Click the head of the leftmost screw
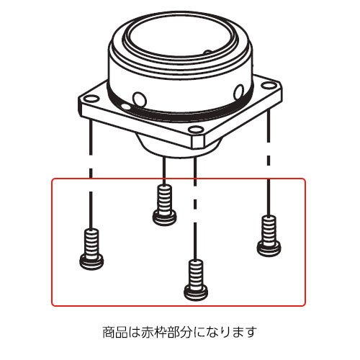pos(91,262)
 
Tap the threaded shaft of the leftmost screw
pos(91,243)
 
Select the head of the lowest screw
pos(196,292)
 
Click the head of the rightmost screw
pos(269,248)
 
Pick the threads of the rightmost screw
pos(269,230)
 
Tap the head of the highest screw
pos(164,217)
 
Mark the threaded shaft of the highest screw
pos(164,198)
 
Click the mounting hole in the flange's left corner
pos(91,98)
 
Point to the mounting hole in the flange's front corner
pos(195,130)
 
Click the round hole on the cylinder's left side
pos(140,99)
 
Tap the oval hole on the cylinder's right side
pos(239,91)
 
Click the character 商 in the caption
pos(109,332)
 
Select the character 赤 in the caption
pos(147,332)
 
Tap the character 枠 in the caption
pos(160,332)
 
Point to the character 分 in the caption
pos(185,332)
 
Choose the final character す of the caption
pos(250,332)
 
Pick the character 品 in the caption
pos(122,332)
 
